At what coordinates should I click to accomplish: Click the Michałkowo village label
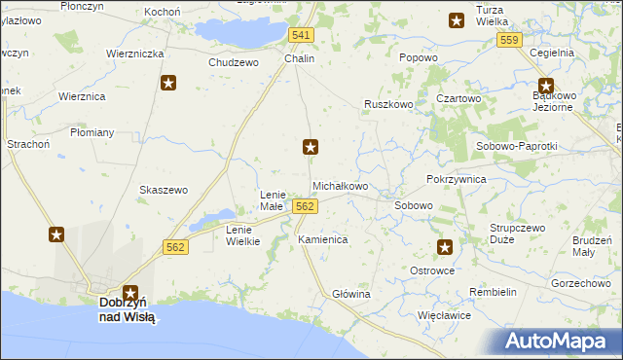(340, 185)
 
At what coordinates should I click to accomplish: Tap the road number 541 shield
(302, 35)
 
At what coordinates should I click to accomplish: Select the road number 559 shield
(508, 40)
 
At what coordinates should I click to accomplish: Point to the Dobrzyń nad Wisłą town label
(128, 309)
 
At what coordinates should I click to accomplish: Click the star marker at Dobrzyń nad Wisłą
(129, 291)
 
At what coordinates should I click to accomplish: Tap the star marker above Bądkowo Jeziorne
(545, 85)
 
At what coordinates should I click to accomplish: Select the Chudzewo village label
(234, 62)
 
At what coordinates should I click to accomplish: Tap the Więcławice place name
(444, 315)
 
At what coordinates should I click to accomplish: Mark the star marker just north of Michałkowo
(311, 147)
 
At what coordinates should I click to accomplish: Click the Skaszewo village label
(164, 190)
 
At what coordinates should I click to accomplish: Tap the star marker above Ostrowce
(445, 248)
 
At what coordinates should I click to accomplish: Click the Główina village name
(351, 294)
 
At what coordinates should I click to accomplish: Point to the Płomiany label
(92, 132)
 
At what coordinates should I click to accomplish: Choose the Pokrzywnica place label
(456, 180)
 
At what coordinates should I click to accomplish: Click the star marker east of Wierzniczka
(168, 84)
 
